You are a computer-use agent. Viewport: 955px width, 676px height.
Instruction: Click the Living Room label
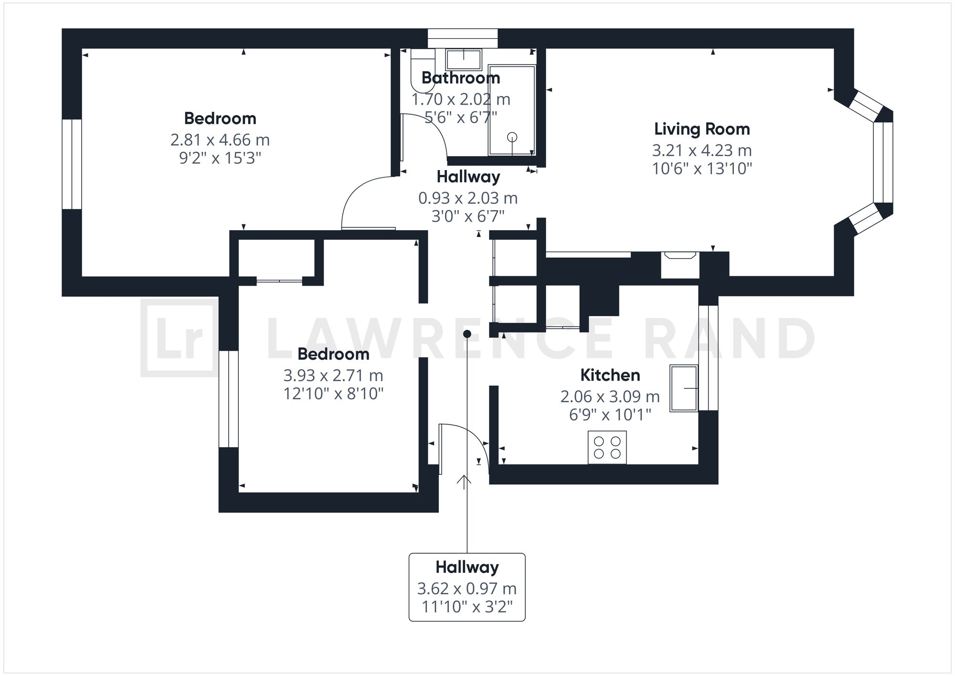[x=701, y=129]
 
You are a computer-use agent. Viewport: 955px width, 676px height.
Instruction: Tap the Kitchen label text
[x=610, y=375]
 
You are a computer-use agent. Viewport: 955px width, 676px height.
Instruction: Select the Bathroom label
[x=460, y=77]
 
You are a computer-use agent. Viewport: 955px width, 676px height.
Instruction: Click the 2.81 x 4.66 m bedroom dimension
[x=220, y=140]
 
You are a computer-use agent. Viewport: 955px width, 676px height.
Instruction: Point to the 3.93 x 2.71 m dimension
[x=333, y=376]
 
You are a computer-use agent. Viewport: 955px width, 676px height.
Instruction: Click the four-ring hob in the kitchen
[x=607, y=447]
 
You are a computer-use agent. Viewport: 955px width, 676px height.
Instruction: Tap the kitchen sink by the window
[x=683, y=388]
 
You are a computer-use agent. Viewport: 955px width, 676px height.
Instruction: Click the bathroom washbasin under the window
[x=463, y=59]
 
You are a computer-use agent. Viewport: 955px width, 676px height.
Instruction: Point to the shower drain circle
[x=512, y=137]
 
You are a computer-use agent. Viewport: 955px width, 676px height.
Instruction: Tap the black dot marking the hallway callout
[x=467, y=334]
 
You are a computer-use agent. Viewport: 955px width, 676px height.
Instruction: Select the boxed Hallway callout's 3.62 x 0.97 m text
[x=467, y=589]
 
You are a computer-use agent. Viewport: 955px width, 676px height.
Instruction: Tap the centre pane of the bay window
[x=883, y=162]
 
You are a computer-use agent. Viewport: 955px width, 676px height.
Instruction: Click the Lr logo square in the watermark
[x=179, y=338]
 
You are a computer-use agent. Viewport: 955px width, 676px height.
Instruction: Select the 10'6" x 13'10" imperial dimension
[x=701, y=169]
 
